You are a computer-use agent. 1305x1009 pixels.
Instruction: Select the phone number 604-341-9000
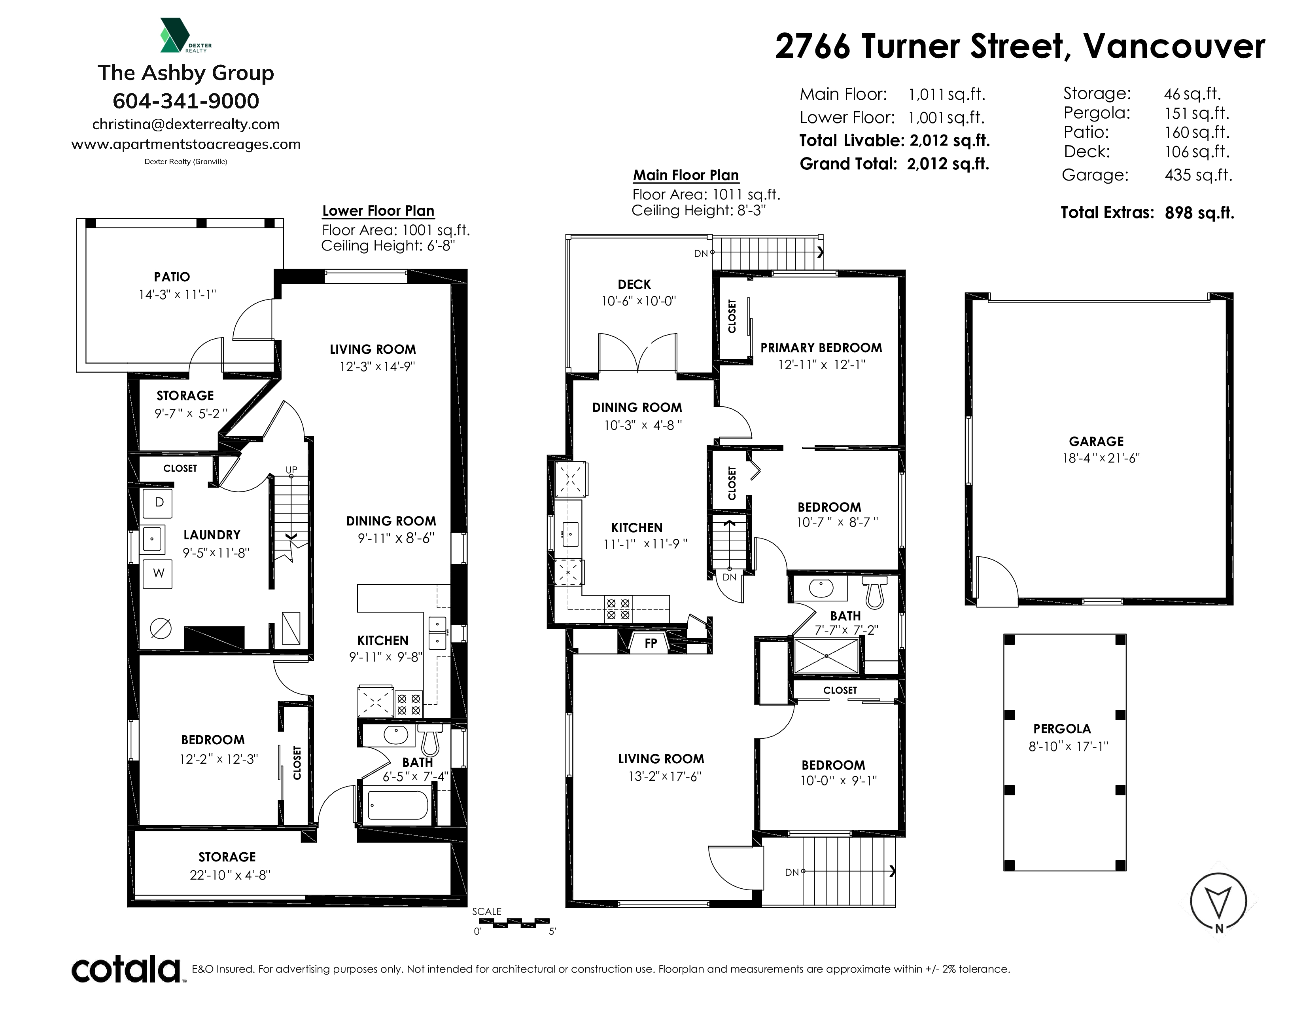coord(186,101)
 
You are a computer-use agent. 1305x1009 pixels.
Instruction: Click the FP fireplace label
coord(651,643)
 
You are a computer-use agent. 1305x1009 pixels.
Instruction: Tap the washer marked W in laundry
coord(158,574)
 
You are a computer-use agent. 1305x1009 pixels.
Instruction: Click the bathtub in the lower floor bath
coord(398,806)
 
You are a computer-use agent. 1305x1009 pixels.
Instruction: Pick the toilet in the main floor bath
coord(874,592)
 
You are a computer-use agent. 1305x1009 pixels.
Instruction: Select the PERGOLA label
coord(1062,728)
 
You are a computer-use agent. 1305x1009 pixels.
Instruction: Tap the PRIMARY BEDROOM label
coord(821,347)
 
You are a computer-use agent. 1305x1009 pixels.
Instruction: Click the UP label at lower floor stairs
coord(291,470)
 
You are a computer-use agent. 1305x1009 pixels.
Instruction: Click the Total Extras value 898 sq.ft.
coord(1199,213)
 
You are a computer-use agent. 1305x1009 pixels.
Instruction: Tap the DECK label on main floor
coord(634,284)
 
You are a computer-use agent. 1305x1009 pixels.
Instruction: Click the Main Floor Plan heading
coord(686,175)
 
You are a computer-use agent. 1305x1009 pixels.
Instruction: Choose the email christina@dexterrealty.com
coord(186,124)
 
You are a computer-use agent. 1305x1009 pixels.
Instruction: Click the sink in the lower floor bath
coord(395,735)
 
